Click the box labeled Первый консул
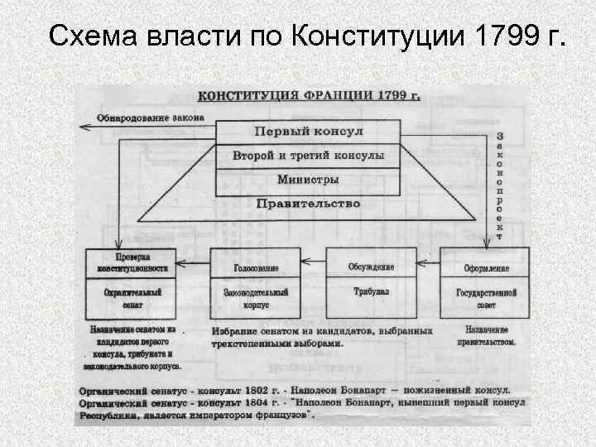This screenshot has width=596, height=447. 308,132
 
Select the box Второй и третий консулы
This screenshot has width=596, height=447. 308,156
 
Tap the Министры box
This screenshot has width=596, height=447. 308,180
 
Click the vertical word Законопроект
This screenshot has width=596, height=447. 498,184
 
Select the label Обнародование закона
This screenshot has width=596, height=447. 150,117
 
